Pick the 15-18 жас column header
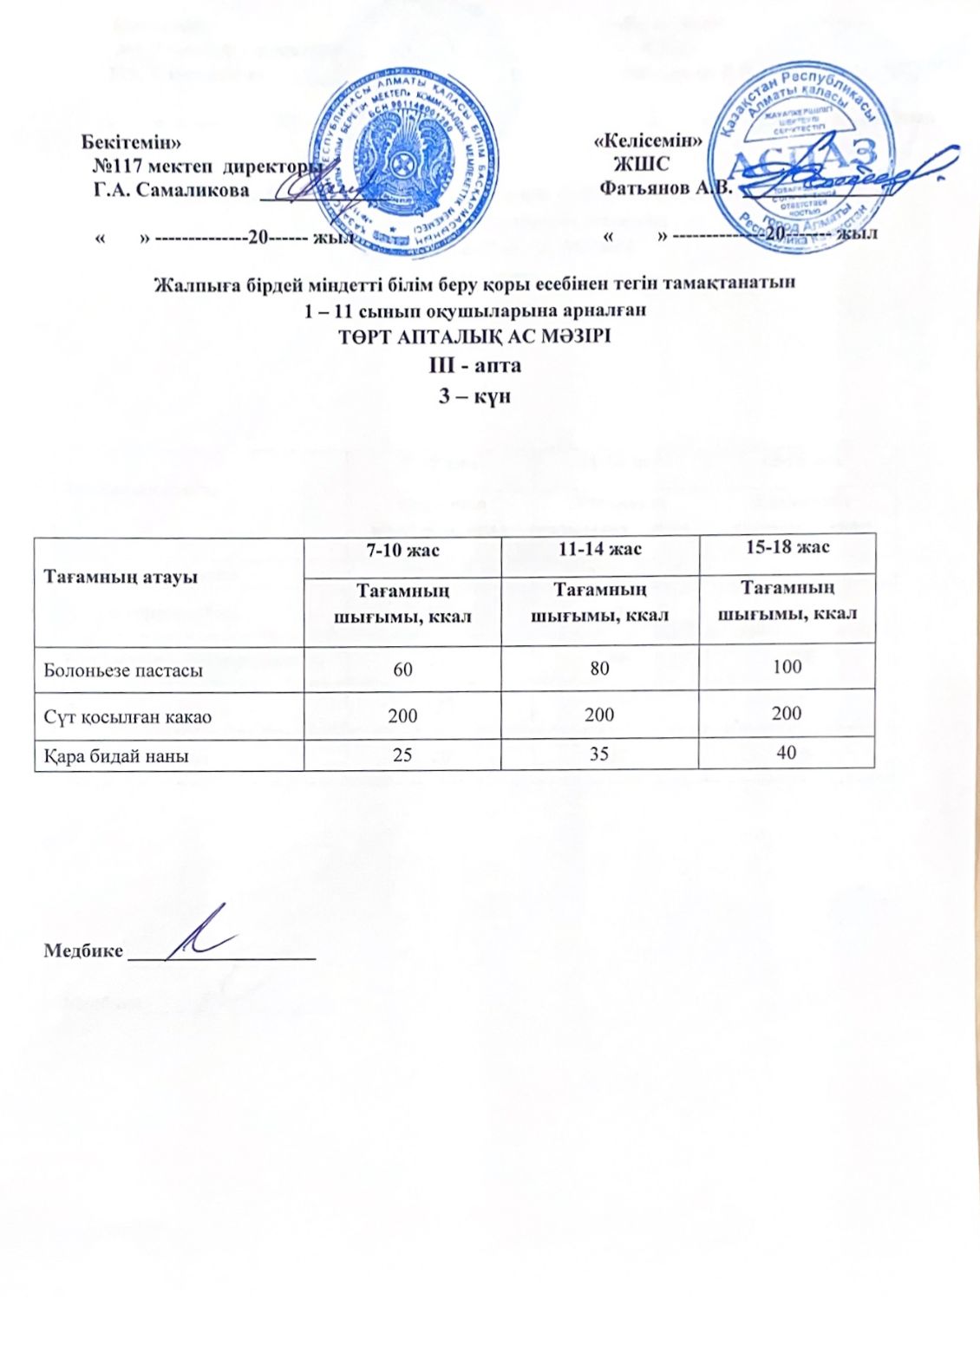(787, 547)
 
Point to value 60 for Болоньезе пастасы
(402, 669)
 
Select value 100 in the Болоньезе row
(787, 666)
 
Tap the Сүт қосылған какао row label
(127, 717)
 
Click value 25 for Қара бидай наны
(402, 755)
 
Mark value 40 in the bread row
(787, 753)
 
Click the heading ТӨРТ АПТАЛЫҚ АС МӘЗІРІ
(475, 336)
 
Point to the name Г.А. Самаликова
(171, 190)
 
